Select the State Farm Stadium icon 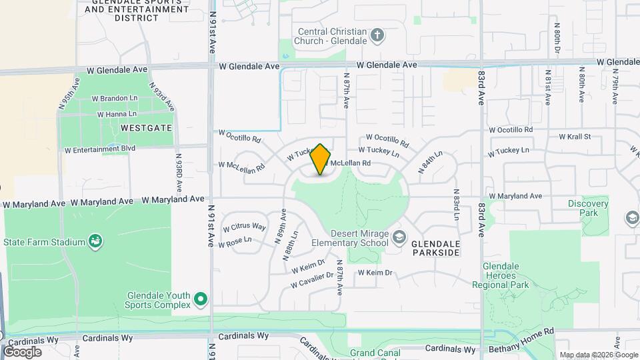[x=95, y=241]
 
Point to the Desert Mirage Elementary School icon [x=399, y=237]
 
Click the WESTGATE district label [x=146, y=127]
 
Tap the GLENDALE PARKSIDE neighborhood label [x=435, y=249]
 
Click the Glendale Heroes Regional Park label [x=505, y=275]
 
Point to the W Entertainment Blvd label [x=100, y=149]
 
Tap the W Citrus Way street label [x=244, y=227]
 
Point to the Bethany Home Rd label [x=521, y=349]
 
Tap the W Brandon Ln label [x=114, y=99]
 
